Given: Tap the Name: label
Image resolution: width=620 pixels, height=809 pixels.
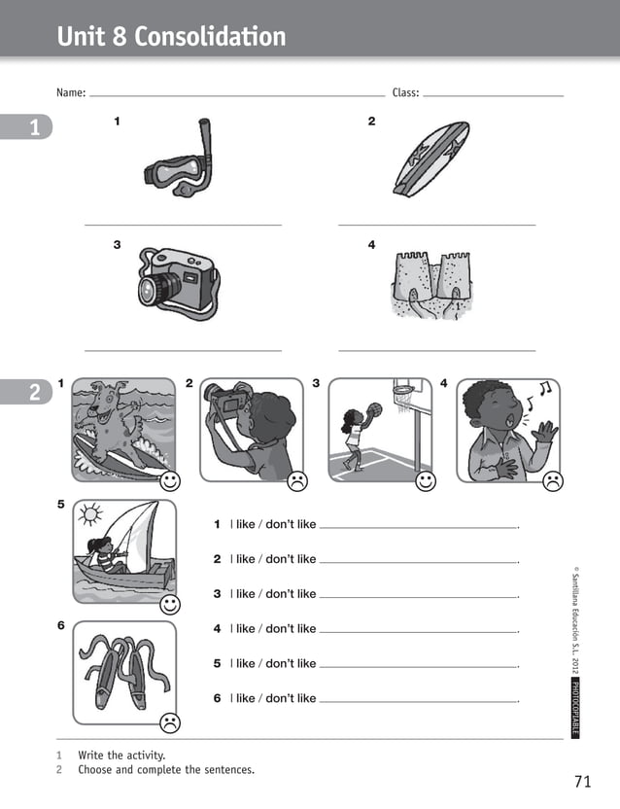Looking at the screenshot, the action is point(71,93).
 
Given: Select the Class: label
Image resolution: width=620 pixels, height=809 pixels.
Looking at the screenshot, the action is point(405,93).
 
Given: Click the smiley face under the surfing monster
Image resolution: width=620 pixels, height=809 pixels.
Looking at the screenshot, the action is point(170,480).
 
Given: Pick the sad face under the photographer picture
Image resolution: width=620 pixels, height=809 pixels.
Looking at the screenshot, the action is point(296,480).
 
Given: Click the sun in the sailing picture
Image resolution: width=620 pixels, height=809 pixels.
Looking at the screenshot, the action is point(90,512).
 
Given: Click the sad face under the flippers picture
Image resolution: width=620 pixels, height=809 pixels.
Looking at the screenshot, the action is point(170,722).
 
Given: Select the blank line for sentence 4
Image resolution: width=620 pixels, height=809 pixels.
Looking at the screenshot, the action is point(418,633).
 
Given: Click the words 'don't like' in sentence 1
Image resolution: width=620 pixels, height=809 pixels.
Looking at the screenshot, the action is point(291,525).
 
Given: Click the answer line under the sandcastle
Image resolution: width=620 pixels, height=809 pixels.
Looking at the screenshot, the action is point(436,350).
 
